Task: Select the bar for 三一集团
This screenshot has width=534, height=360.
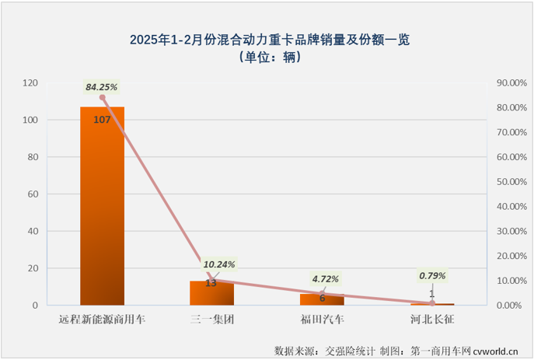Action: (x=211, y=293)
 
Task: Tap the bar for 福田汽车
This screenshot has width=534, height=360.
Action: (x=321, y=299)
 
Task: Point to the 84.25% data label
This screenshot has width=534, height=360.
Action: (x=102, y=87)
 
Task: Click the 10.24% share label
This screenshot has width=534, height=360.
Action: (x=220, y=264)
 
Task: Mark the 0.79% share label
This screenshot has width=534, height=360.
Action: (x=432, y=274)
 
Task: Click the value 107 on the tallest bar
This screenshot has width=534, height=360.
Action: (x=102, y=119)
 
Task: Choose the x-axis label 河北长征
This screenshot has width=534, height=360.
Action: (x=431, y=319)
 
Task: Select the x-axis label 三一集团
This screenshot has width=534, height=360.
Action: (x=211, y=319)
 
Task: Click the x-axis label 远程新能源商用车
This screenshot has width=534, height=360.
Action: (x=102, y=319)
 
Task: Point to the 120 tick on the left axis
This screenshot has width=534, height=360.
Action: (x=30, y=82)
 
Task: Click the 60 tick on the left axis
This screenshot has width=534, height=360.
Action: (x=33, y=194)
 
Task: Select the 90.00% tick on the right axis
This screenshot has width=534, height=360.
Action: (x=511, y=82)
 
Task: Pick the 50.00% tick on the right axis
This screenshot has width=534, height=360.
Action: (x=511, y=182)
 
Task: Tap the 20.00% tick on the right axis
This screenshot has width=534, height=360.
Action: (x=511, y=256)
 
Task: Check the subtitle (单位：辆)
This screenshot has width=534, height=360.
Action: (x=268, y=57)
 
